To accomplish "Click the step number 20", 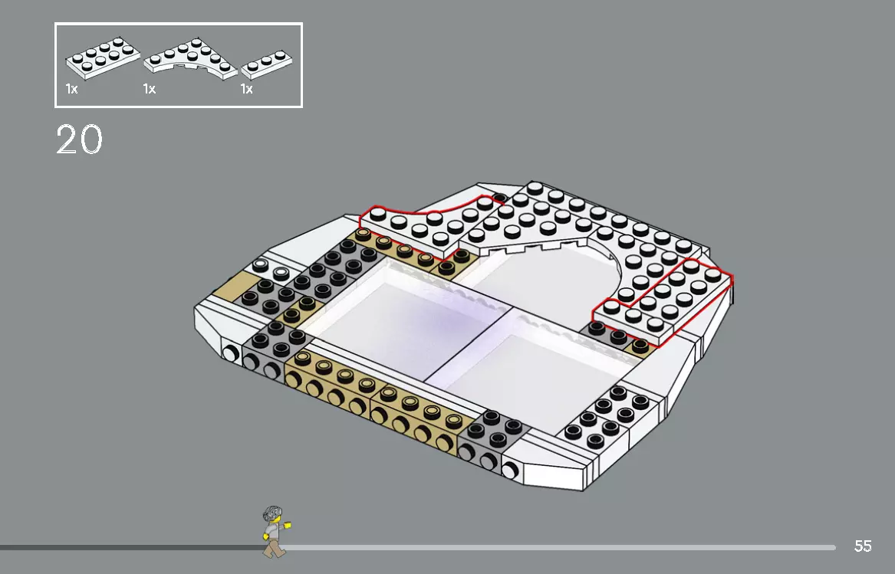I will (79, 139).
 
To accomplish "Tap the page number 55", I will (863, 546).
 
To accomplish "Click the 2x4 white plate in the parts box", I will (103, 60).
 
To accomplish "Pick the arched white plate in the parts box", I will (191, 61).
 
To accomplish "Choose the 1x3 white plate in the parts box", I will (266, 66).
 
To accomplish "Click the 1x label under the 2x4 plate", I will (71, 90).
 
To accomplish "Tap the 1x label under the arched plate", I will (149, 90).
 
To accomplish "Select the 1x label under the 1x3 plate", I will (246, 90).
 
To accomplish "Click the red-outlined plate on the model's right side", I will (664, 300).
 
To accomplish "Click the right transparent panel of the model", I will (529, 368).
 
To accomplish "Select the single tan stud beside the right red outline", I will (640, 346).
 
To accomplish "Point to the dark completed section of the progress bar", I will (130, 548).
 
